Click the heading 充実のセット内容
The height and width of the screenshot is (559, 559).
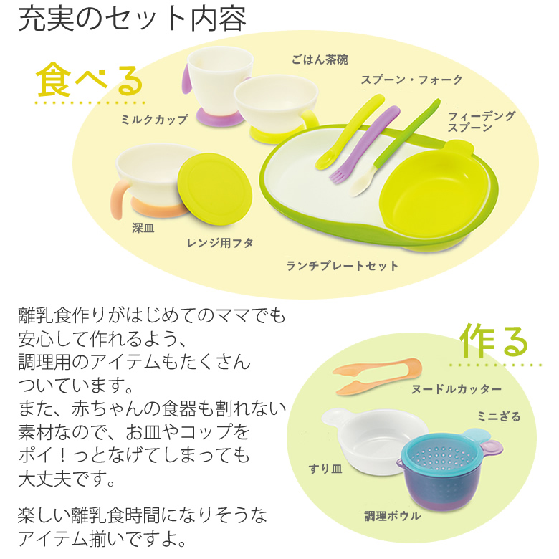(132, 20)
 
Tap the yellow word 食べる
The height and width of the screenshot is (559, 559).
(90, 80)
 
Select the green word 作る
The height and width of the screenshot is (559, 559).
(494, 340)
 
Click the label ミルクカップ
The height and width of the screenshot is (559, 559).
(154, 120)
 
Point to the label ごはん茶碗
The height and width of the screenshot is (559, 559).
(320, 59)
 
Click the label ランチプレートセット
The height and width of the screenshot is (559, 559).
(343, 266)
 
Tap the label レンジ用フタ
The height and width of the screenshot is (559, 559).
(221, 244)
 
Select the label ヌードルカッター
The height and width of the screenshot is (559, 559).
(457, 389)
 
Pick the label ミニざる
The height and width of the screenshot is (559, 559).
(499, 416)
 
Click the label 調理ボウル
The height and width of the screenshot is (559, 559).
(392, 515)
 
